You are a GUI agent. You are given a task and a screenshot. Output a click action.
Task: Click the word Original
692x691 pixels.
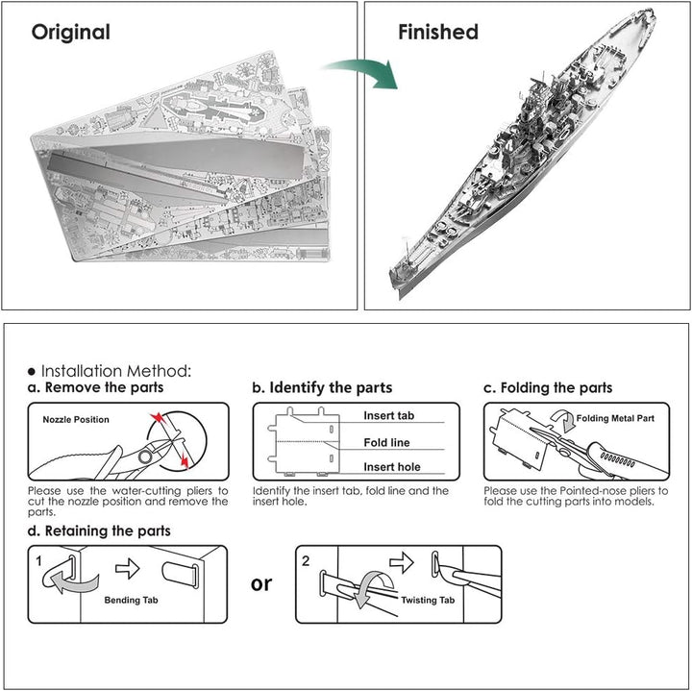click(x=70, y=33)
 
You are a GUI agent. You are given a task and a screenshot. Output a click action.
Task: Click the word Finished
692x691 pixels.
click(x=438, y=32)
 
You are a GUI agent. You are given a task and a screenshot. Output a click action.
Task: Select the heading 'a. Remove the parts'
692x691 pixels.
click(x=95, y=387)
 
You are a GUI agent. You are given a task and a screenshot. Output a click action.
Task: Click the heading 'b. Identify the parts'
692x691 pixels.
click(x=322, y=387)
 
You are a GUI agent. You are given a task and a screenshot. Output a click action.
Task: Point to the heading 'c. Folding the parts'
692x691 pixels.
click(x=548, y=387)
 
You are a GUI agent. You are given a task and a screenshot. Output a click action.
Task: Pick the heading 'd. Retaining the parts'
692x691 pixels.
click(x=99, y=531)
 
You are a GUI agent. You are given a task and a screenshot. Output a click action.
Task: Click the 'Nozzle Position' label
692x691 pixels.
click(x=76, y=420)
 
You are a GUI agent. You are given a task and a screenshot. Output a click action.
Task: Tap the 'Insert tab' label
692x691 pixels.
click(x=389, y=416)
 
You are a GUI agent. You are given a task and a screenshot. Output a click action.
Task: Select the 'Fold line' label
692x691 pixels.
click(x=386, y=443)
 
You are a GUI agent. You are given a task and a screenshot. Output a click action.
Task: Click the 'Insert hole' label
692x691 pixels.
click(x=392, y=467)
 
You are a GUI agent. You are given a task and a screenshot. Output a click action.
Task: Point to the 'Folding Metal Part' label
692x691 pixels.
click(x=615, y=418)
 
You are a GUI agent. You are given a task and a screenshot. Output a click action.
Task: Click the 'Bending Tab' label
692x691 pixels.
click(x=131, y=600)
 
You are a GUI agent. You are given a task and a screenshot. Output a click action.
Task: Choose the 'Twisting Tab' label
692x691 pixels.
click(x=428, y=600)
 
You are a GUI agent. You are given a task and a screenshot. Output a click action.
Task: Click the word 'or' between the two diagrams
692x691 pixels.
click(x=261, y=584)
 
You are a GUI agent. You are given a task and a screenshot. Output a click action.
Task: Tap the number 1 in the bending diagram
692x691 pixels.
click(x=38, y=561)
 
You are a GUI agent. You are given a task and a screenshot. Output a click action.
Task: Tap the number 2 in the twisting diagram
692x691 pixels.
click(x=306, y=561)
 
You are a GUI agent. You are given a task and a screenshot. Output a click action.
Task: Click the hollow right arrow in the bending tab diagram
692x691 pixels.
click(x=128, y=568)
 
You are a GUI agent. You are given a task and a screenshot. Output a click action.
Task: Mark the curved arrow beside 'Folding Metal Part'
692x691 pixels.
click(x=563, y=420)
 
